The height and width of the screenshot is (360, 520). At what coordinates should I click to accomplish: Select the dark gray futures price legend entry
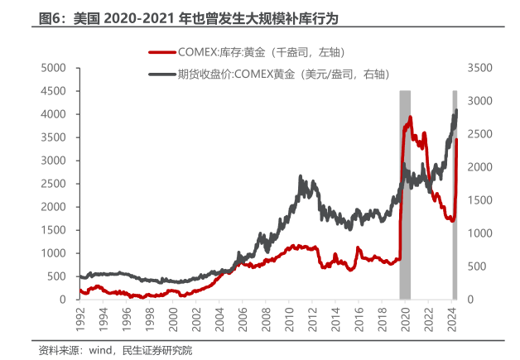[x=273, y=74]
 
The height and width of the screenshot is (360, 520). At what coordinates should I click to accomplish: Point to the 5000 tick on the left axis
[x=54, y=67]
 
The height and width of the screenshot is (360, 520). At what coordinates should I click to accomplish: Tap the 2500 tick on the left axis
[x=54, y=183]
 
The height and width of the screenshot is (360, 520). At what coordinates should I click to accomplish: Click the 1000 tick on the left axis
[x=54, y=252]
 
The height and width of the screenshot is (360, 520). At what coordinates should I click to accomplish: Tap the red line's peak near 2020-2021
[x=409, y=117]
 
